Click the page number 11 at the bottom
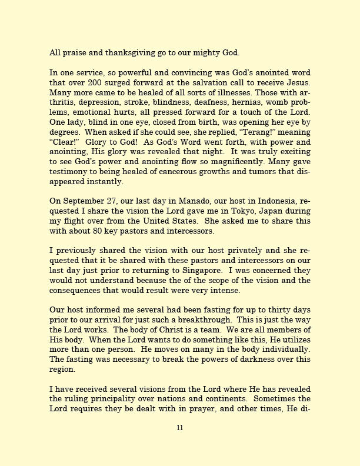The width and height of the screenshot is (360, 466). click(x=180, y=427)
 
